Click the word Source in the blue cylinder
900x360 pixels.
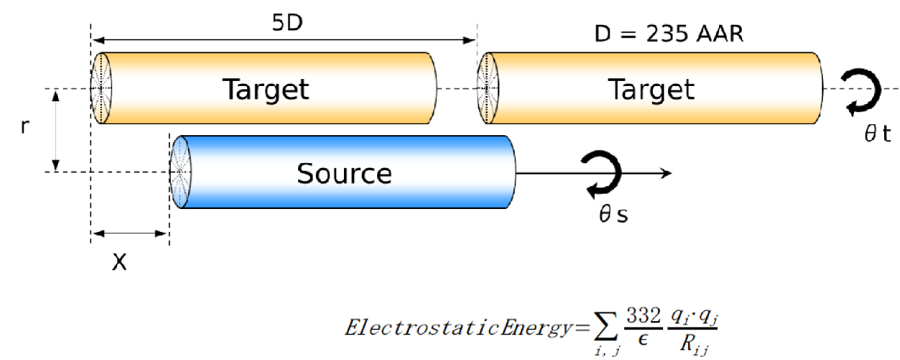tap(344, 173)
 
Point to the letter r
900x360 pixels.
tap(25, 127)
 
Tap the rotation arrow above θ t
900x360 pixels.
tap(861, 93)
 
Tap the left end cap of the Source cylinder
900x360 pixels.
tap(179, 172)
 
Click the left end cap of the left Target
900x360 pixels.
tap(101, 88)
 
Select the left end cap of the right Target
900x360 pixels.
tap(488, 88)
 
